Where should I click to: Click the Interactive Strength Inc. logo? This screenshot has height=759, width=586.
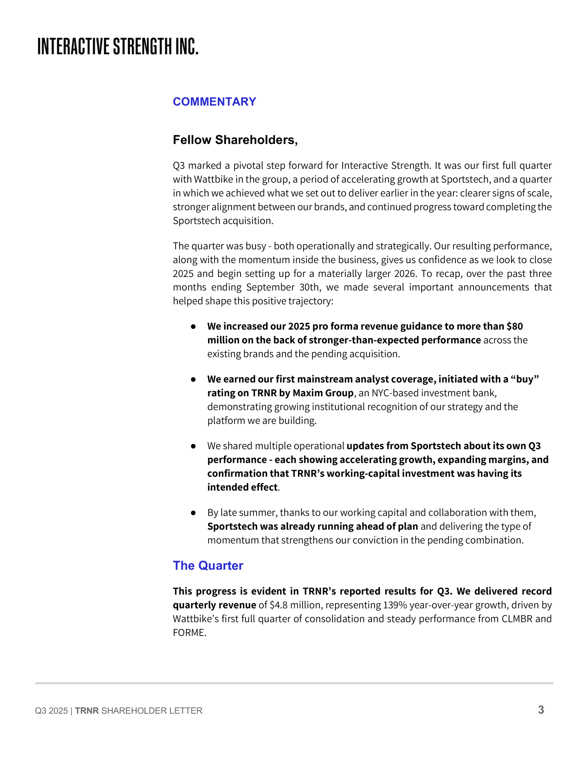coord(118,46)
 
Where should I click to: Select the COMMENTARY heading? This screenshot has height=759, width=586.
coord(214,101)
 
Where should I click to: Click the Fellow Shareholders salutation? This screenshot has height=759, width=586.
coord(235,140)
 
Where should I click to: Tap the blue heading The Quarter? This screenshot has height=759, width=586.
coord(208,565)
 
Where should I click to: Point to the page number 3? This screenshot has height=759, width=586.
coord(541,710)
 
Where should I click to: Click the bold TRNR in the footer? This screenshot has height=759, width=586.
coord(87,711)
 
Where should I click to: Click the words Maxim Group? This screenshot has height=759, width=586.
coord(323,393)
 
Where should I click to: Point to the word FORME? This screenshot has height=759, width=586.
coord(189,632)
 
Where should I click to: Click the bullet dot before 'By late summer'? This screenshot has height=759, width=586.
coord(193,513)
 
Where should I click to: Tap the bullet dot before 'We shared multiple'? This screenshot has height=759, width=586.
coord(193,446)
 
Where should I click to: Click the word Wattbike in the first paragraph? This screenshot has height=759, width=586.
coord(213,179)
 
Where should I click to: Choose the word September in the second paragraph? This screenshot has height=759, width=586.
coord(270,287)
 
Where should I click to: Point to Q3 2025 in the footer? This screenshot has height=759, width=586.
coord(52,711)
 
